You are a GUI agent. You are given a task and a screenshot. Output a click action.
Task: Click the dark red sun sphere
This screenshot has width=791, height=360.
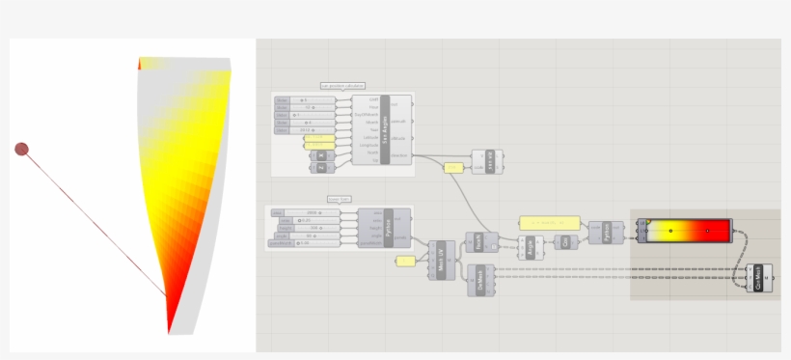click(x=21, y=149)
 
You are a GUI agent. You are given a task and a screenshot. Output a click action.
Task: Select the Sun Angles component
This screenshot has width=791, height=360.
click(x=385, y=128)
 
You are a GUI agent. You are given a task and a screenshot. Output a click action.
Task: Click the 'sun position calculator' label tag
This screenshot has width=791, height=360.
click(x=342, y=86)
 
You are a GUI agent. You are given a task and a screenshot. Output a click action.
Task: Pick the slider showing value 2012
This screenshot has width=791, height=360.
click(x=305, y=129)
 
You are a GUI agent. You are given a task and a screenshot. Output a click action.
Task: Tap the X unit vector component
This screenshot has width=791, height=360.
click(x=321, y=155)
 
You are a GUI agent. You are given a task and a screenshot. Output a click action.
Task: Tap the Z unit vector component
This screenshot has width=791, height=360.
click(x=321, y=167)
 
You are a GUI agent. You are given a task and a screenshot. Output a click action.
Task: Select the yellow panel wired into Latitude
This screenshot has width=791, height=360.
click(x=319, y=138)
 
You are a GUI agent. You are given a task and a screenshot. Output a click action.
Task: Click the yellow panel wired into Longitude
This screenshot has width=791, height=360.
click(x=319, y=146)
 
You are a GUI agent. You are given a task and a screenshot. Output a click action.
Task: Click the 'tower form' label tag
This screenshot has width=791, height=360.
click(x=339, y=200)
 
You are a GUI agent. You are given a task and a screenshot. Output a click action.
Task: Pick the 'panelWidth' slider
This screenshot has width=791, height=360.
click(x=303, y=243)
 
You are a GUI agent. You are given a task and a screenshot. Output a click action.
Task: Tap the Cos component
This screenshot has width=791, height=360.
click(x=567, y=241)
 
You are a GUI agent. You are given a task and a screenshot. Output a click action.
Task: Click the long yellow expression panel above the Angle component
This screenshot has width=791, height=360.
click(x=549, y=222)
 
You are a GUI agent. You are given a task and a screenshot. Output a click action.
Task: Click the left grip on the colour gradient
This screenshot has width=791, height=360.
click(x=669, y=231)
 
